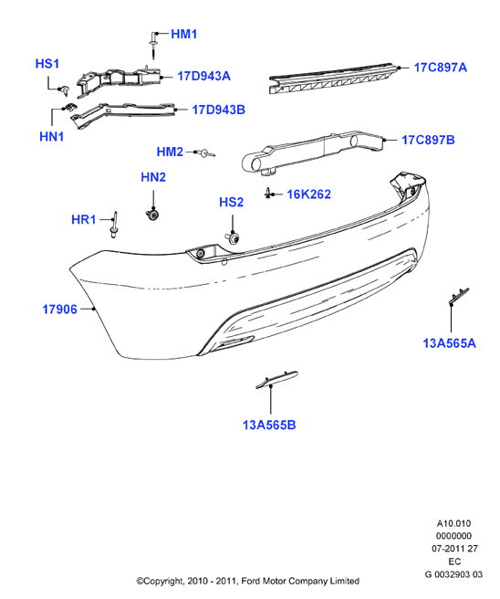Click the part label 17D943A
[203, 76]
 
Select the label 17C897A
[440, 68]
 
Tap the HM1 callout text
[184, 34]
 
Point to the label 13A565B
[269, 425]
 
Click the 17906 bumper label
[59, 309]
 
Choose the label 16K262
[308, 194]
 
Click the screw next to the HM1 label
[153, 46]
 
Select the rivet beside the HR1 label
[114, 225]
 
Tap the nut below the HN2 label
[152, 214]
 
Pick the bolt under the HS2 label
[232, 237]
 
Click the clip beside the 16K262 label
[268, 194]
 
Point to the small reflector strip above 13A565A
[458, 297]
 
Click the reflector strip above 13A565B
[276, 379]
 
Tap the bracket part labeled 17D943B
[123, 114]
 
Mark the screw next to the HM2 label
[208, 153]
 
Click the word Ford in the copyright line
[250, 581]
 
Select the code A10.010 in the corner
[453, 523]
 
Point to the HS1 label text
[47, 63]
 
